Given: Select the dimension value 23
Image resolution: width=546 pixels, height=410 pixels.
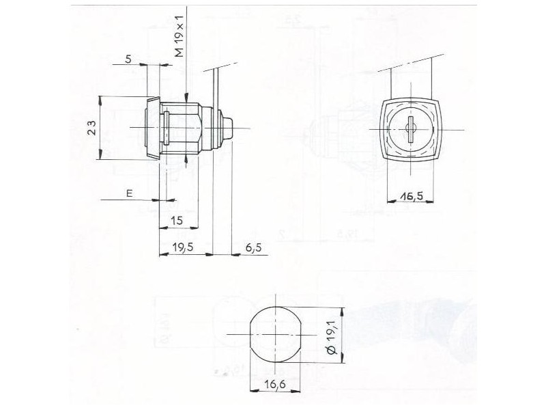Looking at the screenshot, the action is click(91, 128).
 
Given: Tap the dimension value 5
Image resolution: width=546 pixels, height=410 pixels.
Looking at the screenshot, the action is click(128, 59).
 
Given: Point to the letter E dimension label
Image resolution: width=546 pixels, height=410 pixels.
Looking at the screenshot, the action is click(130, 193).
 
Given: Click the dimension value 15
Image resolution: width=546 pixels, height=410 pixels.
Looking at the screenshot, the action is click(177, 220).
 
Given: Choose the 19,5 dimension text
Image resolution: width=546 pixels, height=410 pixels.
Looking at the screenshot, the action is click(183, 247).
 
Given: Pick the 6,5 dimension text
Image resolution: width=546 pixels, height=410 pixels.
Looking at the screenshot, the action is click(253, 248).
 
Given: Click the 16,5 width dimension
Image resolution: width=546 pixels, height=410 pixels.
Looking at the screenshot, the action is click(412, 196).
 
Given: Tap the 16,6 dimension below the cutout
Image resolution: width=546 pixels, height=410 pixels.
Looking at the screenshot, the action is click(275, 384).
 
